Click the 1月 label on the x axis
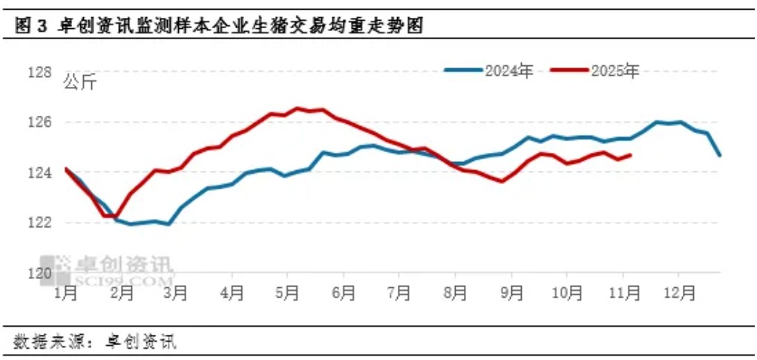click(x=66, y=293)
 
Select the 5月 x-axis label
click(x=288, y=293)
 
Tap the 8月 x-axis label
click(x=456, y=293)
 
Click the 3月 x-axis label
click(x=177, y=293)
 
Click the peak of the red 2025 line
click(x=298, y=108)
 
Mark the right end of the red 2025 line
click(x=630, y=155)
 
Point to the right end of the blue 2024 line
click(x=719, y=155)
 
